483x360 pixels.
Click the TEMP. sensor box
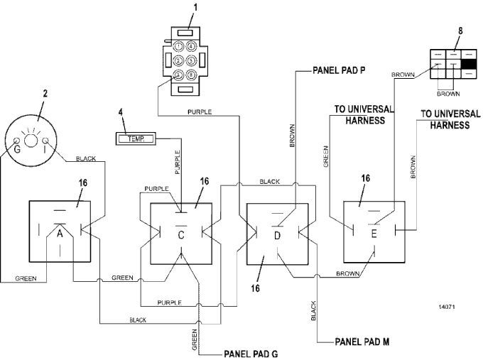point(136,137)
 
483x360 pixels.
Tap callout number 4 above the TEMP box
point(121,111)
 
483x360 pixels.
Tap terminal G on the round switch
point(15,150)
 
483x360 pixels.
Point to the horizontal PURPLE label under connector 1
point(200,111)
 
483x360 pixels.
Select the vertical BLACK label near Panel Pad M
point(313,310)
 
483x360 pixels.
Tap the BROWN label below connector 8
point(448,93)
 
